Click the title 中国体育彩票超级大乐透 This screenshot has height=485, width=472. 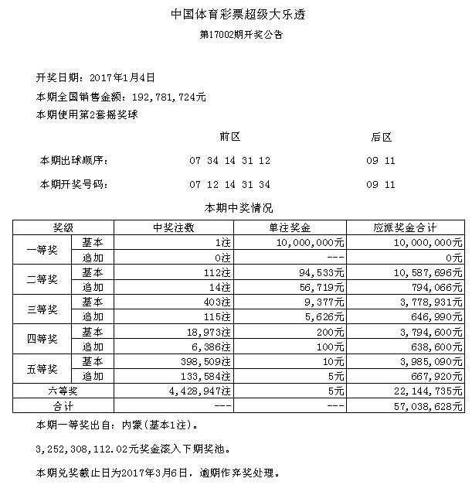[236, 15]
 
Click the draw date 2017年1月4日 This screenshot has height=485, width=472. [123, 77]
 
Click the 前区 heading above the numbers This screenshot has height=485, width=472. [230, 137]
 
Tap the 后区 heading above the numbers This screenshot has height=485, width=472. [381, 137]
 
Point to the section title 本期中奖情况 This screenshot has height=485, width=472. [236, 207]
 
